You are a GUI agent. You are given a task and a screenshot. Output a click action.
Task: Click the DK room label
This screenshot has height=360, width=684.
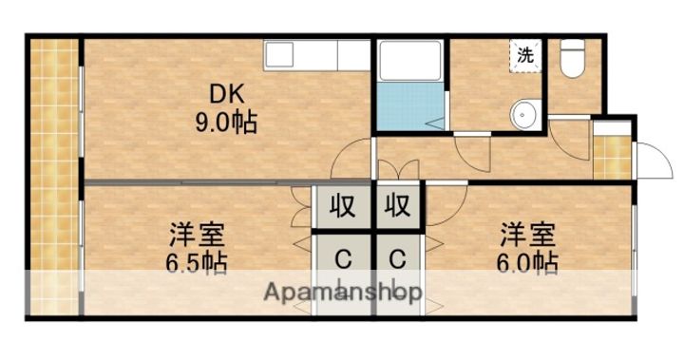coord(227,94)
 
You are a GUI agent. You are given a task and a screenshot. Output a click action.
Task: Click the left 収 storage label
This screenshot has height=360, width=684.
coord(343,206)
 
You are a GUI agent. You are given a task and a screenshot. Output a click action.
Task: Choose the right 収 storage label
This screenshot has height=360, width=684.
coord(397,206)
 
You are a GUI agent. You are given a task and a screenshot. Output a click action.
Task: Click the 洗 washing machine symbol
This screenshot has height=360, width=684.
coord(524,55)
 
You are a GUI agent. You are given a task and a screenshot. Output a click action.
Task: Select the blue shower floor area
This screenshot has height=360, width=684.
coord(409,107)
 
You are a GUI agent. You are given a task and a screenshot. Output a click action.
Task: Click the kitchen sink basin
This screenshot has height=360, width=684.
coord(283,55)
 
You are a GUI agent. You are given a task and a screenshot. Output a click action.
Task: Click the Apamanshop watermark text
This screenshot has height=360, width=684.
coord(343,293)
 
